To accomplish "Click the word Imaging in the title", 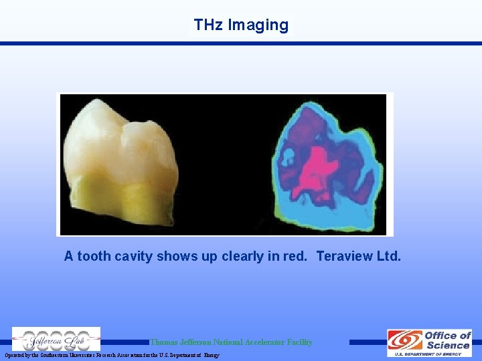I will click(258, 25).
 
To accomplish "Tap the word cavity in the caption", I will click(131, 256).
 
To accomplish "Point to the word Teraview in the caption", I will click(343, 256).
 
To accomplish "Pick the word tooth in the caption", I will click(93, 256).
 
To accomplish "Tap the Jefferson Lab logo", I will click(56, 339).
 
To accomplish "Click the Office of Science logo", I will click(429, 342).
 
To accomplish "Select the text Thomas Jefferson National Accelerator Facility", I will click(231, 342).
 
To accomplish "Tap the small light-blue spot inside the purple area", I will click(289, 158).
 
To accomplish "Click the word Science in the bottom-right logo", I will click(447, 345).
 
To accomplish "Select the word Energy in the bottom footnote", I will click(211, 355).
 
